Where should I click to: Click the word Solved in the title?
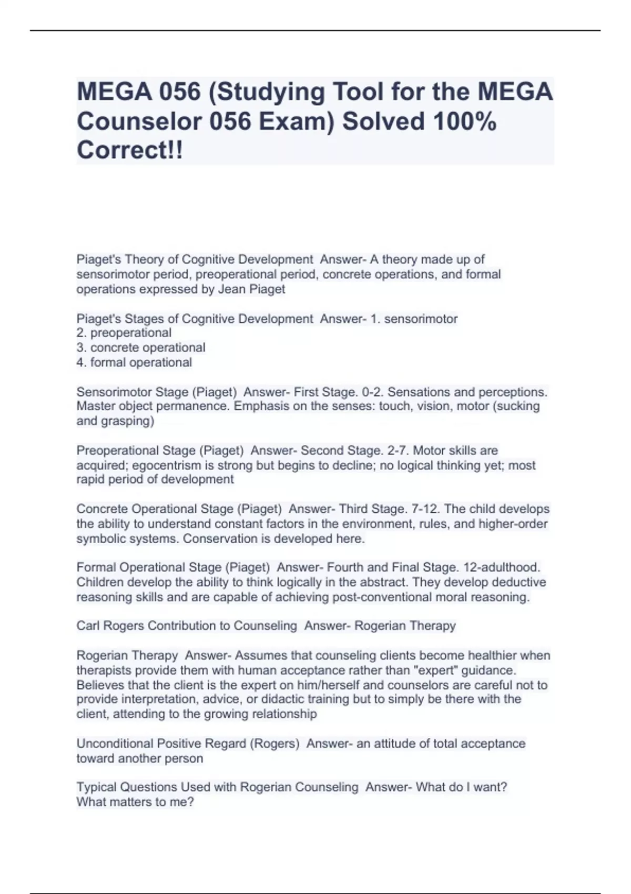383,121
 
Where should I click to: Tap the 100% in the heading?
464,121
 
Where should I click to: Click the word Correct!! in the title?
130,150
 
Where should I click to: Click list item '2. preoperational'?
124,333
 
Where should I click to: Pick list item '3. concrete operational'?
141,348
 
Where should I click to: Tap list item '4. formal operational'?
134,362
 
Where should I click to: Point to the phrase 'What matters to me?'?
135,802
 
